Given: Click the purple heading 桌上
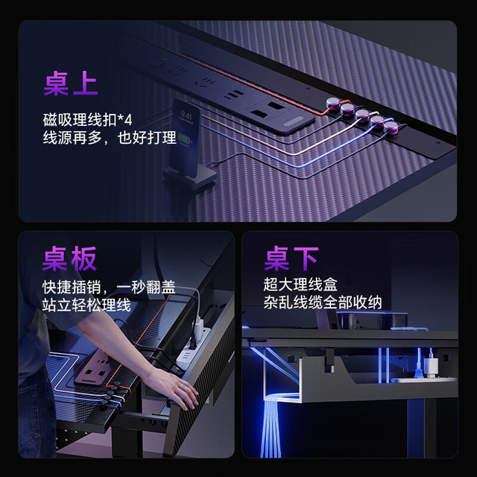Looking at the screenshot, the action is (x=71, y=83).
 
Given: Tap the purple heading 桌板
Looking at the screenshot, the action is (x=69, y=259).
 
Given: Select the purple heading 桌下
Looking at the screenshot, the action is (x=291, y=259).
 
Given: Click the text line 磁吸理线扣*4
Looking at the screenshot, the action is (x=88, y=119).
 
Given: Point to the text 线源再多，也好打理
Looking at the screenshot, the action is (x=110, y=138).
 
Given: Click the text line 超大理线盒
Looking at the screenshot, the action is (x=300, y=285).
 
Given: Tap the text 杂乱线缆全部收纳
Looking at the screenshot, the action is (x=323, y=303).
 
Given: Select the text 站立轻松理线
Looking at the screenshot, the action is (x=86, y=305).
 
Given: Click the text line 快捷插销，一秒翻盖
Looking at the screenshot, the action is (x=109, y=287).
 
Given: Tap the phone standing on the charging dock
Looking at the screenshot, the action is (x=185, y=138).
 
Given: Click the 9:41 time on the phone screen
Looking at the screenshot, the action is (x=186, y=116).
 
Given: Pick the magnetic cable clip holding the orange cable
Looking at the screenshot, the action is (x=333, y=103).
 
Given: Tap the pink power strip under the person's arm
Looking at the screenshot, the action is (x=96, y=367).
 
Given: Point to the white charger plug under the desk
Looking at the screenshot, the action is (x=432, y=364).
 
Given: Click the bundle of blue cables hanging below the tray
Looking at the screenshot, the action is (x=271, y=426).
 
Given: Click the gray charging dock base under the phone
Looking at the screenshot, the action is (x=189, y=177).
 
